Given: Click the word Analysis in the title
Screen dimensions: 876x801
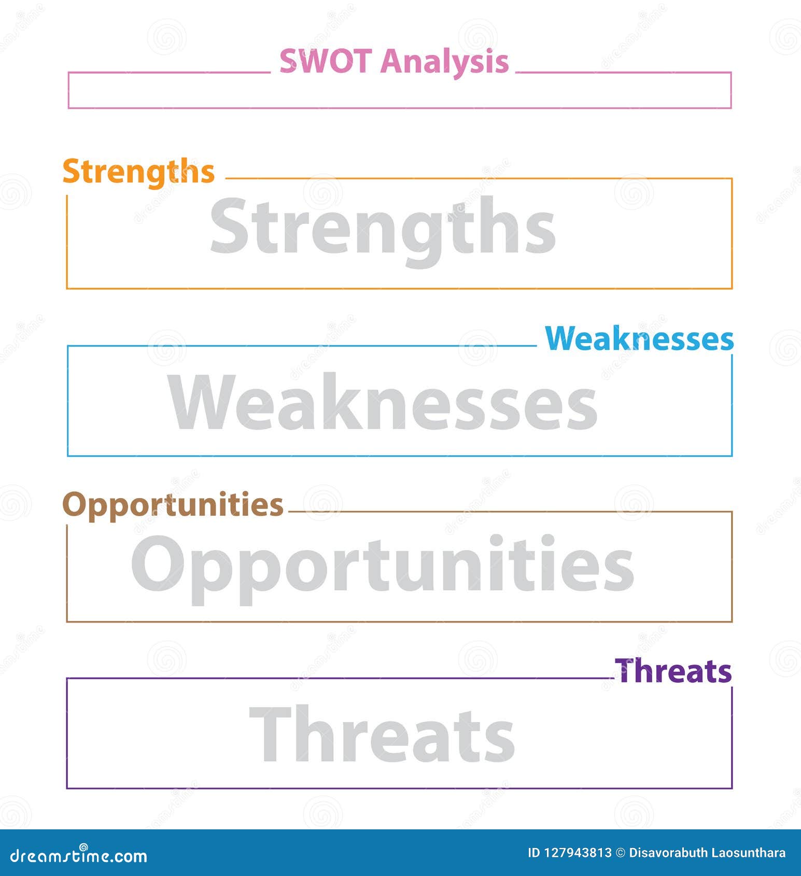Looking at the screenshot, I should pyautogui.click(x=444, y=62).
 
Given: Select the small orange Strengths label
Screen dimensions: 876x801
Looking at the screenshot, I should pyautogui.click(x=138, y=172).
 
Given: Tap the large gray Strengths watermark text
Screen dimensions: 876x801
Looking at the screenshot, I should pyautogui.click(x=383, y=228).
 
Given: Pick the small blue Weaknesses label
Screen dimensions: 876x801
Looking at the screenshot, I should pyautogui.click(x=639, y=339).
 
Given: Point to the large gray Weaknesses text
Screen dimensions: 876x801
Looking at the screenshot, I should pyautogui.click(x=383, y=402).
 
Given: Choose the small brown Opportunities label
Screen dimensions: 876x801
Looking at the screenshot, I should pyautogui.click(x=173, y=504).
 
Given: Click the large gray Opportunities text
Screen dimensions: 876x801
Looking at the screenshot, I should pyautogui.click(x=383, y=565).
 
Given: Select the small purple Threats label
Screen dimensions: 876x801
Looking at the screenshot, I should pyautogui.click(x=673, y=671).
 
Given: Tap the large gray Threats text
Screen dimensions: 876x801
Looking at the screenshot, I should pyautogui.click(x=383, y=734).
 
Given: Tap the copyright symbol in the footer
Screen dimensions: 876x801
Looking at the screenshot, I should pyautogui.click(x=621, y=853).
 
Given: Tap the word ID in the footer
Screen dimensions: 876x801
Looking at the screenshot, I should pyautogui.click(x=533, y=853).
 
